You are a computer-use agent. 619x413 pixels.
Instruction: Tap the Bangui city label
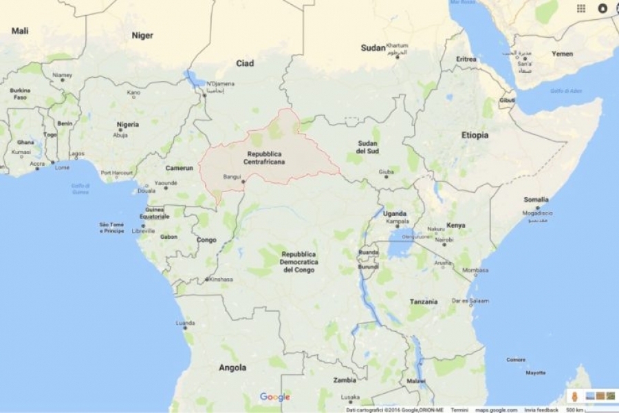click(x=232, y=177)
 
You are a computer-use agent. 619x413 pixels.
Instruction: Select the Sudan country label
click(x=373, y=47)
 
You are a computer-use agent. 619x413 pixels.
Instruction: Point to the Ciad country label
click(x=245, y=63)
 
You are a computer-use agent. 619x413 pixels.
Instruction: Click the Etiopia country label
click(x=475, y=135)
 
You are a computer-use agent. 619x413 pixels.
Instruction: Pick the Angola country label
click(x=232, y=368)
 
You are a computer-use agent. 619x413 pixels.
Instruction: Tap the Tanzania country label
click(x=423, y=301)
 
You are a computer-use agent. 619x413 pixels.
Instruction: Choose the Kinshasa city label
click(x=221, y=279)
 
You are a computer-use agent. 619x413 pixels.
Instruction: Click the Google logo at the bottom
click(x=274, y=397)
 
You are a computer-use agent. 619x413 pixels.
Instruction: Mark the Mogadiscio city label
click(x=538, y=213)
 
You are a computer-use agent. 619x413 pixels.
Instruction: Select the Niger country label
click(x=142, y=35)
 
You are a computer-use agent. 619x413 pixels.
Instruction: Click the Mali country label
click(x=20, y=30)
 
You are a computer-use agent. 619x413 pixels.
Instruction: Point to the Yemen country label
click(x=562, y=54)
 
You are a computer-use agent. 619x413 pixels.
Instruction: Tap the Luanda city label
click(x=185, y=322)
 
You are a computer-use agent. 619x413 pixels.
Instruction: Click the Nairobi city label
click(x=444, y=240)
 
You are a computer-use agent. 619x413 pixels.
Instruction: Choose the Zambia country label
click(x=345, y=379)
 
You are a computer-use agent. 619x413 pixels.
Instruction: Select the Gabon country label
click(x=169, y=236)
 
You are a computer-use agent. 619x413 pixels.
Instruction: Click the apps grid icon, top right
click(x=581, y=8)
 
